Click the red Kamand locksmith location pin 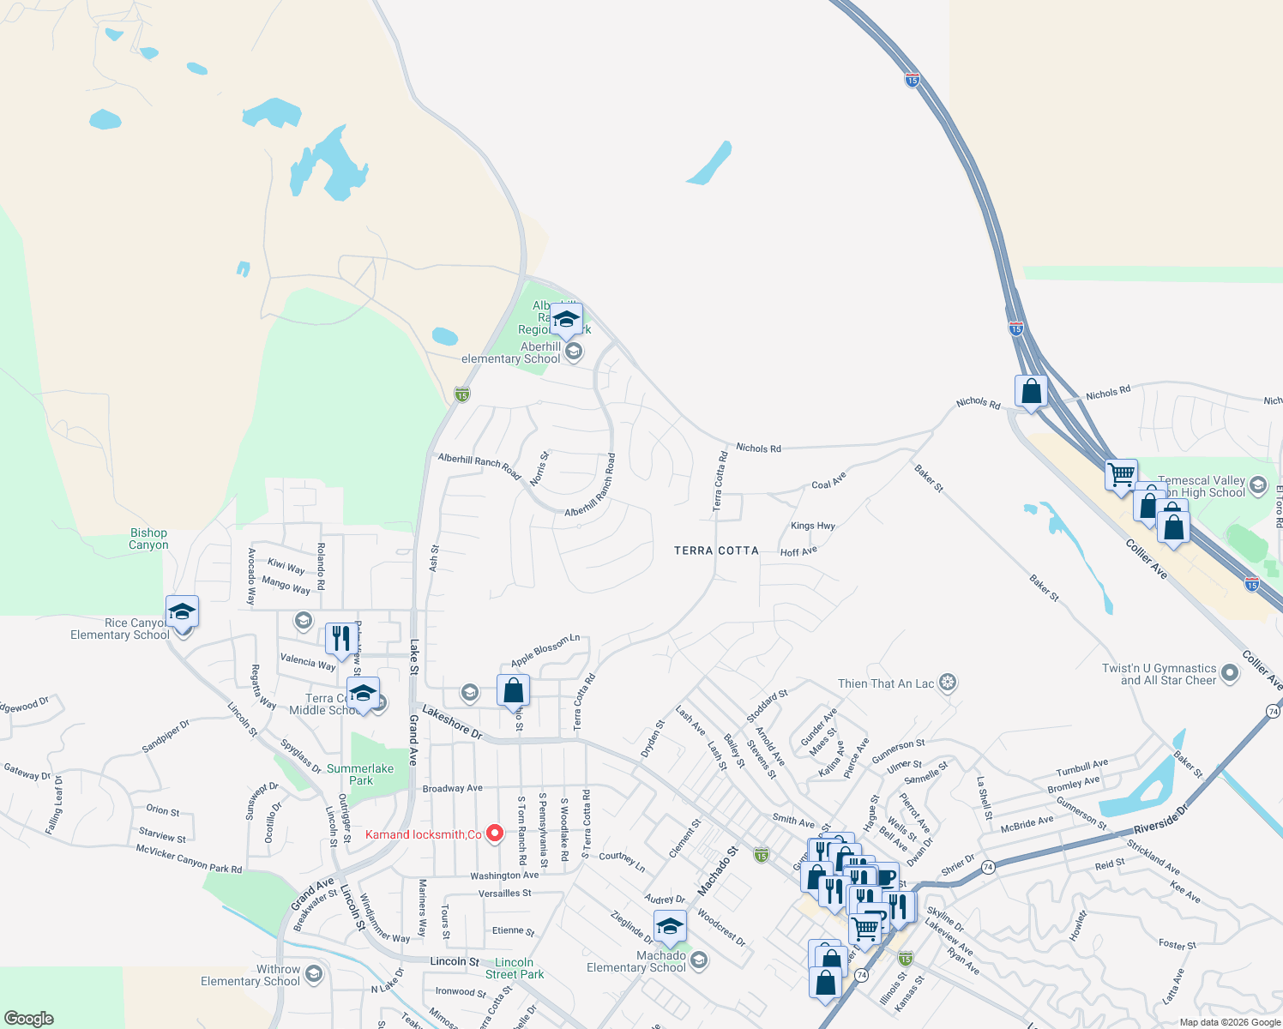click(495, 833)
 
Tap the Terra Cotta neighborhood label click(716, 551)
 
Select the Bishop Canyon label click(148, 539)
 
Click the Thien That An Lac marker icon click(948, 683)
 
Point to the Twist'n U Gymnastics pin click(1230, 673)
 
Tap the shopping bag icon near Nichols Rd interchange click(1031, 391)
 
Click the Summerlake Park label click(360, 774)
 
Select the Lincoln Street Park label click(515, 968)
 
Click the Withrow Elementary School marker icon click(314, 972)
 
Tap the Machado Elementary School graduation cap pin click(670, 926)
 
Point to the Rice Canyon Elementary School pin click(182, 612)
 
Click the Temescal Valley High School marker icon click(1258, 485)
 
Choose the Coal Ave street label click(828, 480)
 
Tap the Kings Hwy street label click(812, 526)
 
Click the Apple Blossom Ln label click(545, 650)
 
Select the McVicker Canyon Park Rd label click(189, 858)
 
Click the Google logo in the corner click(29, 1019)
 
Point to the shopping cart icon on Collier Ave click(1121, 474)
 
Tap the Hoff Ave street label click(798, 551)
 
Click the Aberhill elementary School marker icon click(574, 352)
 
